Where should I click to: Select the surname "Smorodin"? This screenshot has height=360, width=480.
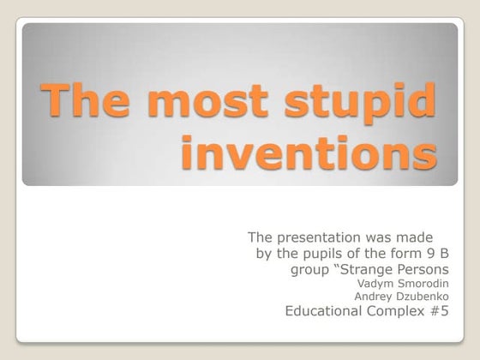420,284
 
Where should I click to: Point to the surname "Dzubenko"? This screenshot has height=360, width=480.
421,297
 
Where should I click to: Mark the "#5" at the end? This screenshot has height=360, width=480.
439,312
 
